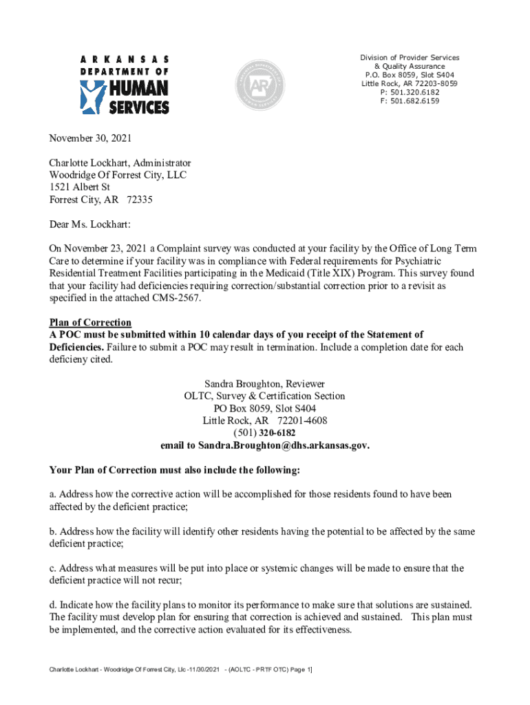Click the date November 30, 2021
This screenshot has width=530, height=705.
(x=90, y=138)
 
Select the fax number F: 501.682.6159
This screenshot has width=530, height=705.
(x=410, y=101)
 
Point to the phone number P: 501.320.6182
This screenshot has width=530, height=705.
(x=410, y=92)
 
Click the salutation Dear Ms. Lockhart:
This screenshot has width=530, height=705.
(x=89, y=224)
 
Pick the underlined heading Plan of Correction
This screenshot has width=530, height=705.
(x=90, y=323)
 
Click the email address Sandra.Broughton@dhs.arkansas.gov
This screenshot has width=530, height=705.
(x=284, y=445)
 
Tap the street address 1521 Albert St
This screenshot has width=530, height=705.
(x=79, y=187)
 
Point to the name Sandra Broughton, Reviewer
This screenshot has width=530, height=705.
(x=264, y=383)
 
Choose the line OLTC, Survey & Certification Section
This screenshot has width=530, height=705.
(x=264, y=396)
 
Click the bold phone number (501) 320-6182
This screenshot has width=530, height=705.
(x=264, y=433)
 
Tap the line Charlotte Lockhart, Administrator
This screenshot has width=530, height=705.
(x=120, y=163)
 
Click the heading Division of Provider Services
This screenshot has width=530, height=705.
(x=410, y=57)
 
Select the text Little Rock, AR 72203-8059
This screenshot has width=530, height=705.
(x=410, y=83)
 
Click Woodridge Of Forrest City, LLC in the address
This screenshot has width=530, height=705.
(x=118, y=176)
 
